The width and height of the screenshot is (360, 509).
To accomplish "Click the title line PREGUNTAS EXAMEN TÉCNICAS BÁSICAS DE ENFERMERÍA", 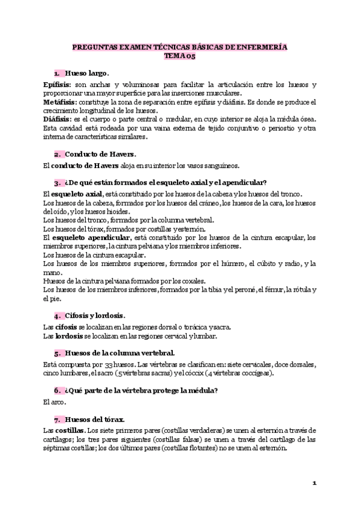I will [180, 47].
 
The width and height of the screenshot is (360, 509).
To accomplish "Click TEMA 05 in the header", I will [180, 56].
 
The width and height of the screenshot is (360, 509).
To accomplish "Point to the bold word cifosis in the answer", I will [67, 327].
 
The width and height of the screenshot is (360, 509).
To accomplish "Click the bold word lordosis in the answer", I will [68, 336].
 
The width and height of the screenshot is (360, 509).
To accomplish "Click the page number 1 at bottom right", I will [314, 483].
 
